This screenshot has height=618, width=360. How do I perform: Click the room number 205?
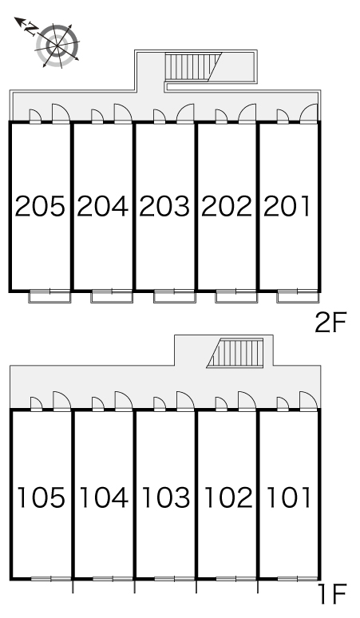coord(40,207)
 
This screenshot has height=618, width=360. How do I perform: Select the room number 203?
coord(164,207)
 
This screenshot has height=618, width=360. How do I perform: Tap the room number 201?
coord(287,207)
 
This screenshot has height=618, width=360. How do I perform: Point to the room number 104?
coord(104,497)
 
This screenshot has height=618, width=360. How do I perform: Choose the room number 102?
coord(228,497)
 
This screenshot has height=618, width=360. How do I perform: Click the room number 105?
coord(41,497)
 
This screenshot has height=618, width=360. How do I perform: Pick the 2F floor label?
coord(330,322)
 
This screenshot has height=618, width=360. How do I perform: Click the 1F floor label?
coord(333,594)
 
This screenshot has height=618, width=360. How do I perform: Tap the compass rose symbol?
coord(57,45)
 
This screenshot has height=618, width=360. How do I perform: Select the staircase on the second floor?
coord(193,67)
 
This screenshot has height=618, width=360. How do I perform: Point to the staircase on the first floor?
coord(235,353)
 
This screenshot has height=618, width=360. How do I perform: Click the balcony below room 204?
coord(112,296)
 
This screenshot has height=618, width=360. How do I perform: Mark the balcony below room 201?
coord(298,296)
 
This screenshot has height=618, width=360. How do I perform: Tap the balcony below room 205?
coord(49,296)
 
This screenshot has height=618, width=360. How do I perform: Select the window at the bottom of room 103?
coord(175,579)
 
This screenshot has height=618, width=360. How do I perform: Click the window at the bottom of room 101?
coord(298,579)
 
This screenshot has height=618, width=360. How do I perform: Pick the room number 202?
coord(227,207)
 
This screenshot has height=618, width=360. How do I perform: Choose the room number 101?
coord(289,497)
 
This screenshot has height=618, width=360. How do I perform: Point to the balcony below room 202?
coord(236,296)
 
